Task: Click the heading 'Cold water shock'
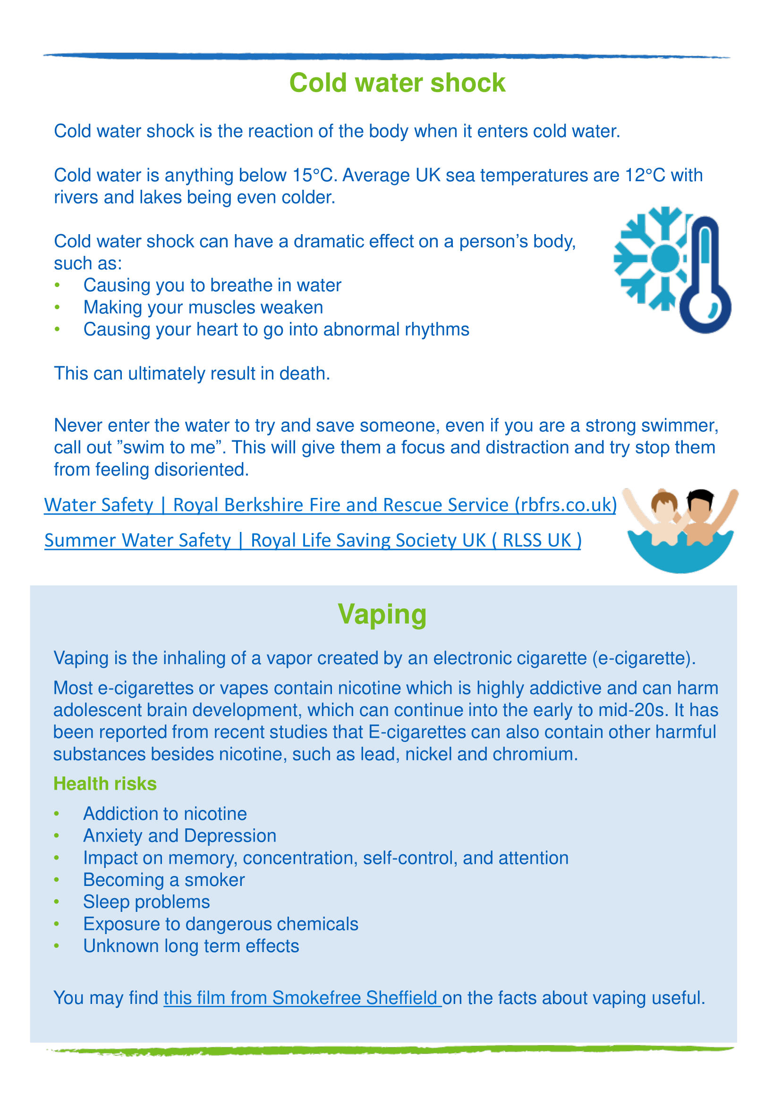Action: [x=397, y=83]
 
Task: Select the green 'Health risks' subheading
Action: [x=105, y=784]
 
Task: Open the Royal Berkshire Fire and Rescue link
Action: [x=330, y=505]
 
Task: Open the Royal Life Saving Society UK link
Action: [x=313, y=540]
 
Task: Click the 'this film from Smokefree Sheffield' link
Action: [x=302, y=998]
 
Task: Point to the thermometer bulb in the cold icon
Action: [x=705, y=308]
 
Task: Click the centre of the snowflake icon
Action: [x=665, y=258]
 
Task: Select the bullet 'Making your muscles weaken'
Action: [x=203, y=308]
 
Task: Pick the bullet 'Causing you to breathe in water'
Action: [x=212, y=286]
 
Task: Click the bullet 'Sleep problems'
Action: [x=146, y=902]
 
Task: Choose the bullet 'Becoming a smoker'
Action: [x=164, y=880]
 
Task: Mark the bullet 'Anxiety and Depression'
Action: [x=180, y=836]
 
